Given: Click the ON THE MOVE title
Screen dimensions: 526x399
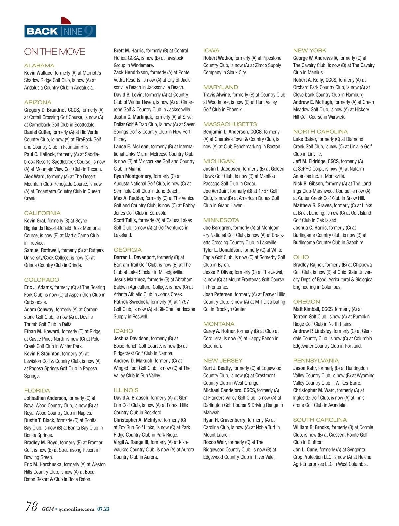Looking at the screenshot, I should coord(55,52).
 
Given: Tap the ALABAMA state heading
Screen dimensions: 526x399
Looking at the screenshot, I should coord(39,66).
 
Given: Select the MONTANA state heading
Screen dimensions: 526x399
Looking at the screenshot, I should coord(219,324).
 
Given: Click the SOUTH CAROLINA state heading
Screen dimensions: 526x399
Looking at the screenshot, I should coord(320,420).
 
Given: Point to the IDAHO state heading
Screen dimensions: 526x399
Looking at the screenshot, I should coord(123,331).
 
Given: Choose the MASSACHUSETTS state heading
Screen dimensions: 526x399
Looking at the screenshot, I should coord(230,124).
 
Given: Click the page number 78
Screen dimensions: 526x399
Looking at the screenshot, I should coord(32,506).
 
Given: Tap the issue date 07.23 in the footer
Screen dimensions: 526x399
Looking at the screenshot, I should coord(103,509).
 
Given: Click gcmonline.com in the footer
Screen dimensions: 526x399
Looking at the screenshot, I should coord(76,509).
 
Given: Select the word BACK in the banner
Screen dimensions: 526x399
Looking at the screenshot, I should coord(42,31).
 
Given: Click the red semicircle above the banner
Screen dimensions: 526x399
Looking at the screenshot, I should coord(66,21).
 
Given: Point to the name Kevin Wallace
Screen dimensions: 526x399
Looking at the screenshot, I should coord(38,73).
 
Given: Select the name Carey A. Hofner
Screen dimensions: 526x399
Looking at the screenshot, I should coord(219,331).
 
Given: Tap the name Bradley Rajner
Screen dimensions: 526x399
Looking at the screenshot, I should coord(308,265).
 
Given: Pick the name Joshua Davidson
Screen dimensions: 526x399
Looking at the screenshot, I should coord(131,338).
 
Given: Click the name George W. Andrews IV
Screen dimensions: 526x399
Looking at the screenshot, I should coord(315,58).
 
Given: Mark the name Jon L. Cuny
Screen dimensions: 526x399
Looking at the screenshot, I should coord(305,449).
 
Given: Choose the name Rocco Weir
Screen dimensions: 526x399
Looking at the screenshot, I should coord(215,442).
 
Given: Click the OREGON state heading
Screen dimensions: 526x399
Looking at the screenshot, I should coord(306,302).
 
